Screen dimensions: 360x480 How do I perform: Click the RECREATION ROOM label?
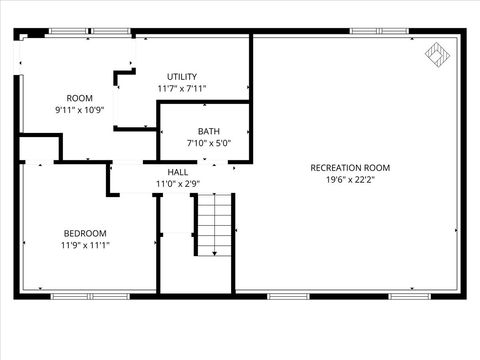[350, 167]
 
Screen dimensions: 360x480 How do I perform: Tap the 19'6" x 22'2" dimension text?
[350, 180]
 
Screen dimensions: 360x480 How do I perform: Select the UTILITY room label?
[182, 77]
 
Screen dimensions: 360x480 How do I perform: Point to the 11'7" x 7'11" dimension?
[182, 89]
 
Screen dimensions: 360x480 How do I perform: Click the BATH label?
[209, 131]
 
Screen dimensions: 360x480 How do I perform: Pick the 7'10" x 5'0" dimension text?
[209, 143]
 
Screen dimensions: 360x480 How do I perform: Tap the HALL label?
[178, 172]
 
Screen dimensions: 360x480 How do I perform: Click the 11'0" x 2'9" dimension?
[178, 183]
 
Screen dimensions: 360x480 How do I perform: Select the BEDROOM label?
[85, 233]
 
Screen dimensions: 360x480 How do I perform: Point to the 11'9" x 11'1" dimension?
[85, 245]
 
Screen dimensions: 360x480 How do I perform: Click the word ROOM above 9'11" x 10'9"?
[79, 98]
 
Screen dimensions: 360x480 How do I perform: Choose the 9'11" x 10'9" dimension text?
[79, 109]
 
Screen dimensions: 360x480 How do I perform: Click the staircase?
[213, 224]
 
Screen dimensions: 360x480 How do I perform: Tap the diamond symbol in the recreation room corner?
[437, 53]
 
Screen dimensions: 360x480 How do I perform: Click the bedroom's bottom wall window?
[85, 295]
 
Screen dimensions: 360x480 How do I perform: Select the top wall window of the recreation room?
[379, 32]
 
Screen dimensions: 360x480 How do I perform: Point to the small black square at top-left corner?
[36, 33]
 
